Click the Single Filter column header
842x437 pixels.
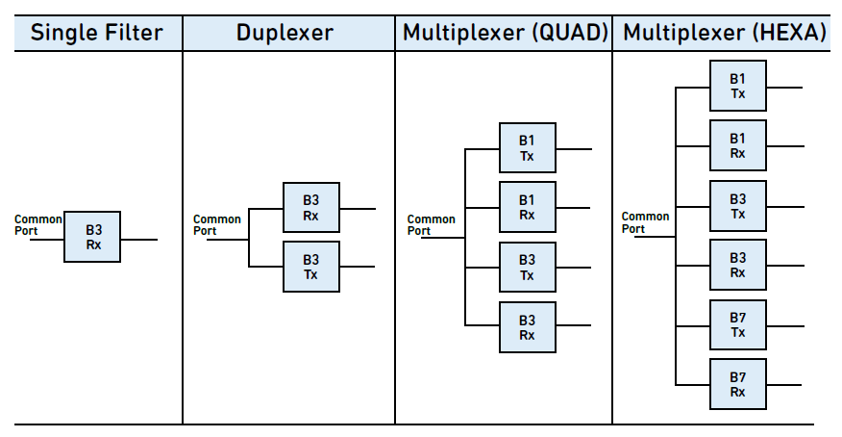(x=97, y=33)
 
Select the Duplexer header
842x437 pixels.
(x=285, y=33)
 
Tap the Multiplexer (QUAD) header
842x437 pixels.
(x=506, y=33)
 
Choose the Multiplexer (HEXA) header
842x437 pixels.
(x=725, y=33)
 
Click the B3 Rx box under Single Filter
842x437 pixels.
(x=92, y=237)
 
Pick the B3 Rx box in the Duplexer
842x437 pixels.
(x=311, y=208)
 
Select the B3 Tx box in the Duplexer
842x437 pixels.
(x=311, y=267)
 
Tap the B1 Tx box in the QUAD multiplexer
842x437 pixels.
(x=528, y=148)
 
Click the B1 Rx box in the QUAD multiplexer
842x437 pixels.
(x=528, y=207)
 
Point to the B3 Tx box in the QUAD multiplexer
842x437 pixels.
(x=528, y=268)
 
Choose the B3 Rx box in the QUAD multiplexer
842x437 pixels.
(x=528, y=327)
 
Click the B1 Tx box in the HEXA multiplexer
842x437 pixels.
(x=738, y=86)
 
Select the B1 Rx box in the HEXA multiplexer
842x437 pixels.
(x=738, y=145)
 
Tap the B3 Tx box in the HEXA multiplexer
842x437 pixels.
(x=738, y=206)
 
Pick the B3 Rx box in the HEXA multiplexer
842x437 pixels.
(x=738, y=265)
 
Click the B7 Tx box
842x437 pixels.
(x=738, y=325)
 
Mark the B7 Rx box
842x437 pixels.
(x=738, y=384)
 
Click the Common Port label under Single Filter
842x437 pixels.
(x=38, y=225)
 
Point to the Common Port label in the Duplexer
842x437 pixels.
(x=217, y=225)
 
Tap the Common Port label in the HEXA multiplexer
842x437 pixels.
(x=646, y=222)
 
